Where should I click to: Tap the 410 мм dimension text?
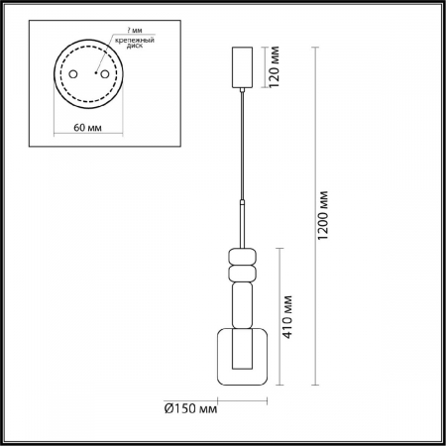[x=288, y=315]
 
